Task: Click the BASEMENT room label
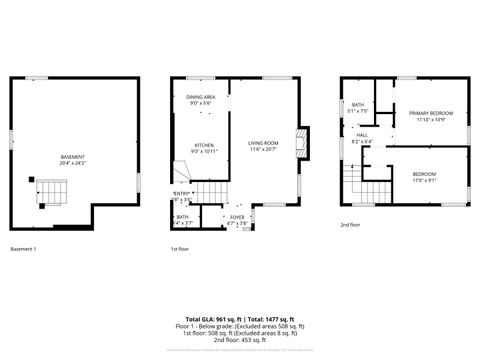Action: (72, 157)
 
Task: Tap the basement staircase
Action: (53, 189)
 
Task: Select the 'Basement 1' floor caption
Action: (23, 248)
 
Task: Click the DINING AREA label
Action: (201, 97)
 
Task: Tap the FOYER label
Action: (238, 216)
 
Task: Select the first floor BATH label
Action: (183, 216)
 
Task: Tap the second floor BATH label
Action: (358, 105)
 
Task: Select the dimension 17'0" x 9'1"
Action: (424, 180)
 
